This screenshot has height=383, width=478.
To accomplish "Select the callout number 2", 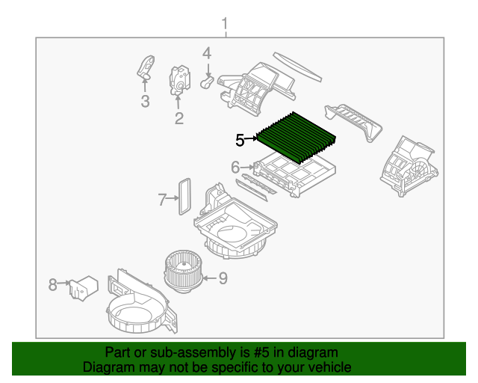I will (179, 118).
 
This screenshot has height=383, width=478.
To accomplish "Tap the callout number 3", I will (145, 101).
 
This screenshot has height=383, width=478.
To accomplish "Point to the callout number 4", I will (207, 53).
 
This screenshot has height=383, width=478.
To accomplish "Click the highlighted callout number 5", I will (240, 139).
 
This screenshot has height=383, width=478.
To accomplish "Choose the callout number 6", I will (235, 167).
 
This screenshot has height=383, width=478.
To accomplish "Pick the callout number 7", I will (161, 199).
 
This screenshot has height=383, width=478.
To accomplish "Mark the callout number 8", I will (53, 284).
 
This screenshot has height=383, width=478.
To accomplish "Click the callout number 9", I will (223, 279).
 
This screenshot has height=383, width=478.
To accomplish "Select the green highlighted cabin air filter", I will (297, 137).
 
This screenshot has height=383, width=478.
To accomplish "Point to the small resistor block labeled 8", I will (83, 287).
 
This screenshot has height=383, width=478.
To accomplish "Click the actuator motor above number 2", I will (180, 79).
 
